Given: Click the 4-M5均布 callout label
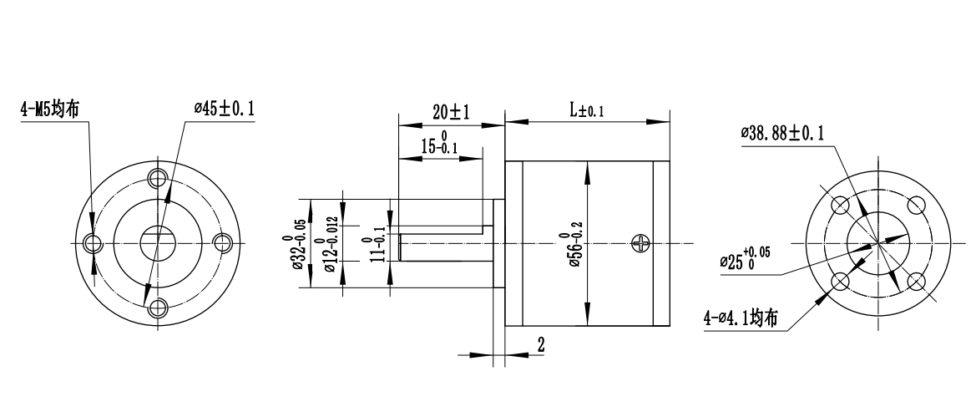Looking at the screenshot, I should pos(51,109).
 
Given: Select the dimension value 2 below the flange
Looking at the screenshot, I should pos(540,344).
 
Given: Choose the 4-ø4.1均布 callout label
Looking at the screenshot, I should pos(741,318).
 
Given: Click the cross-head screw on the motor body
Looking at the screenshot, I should pos(641,242).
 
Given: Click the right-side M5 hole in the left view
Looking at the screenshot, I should pos(222,242).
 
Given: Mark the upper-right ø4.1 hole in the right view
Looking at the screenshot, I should pos(917,205).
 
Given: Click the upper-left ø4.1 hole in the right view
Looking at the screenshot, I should pos(841,205).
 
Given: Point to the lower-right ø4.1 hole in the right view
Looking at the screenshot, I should pos(917,281).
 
